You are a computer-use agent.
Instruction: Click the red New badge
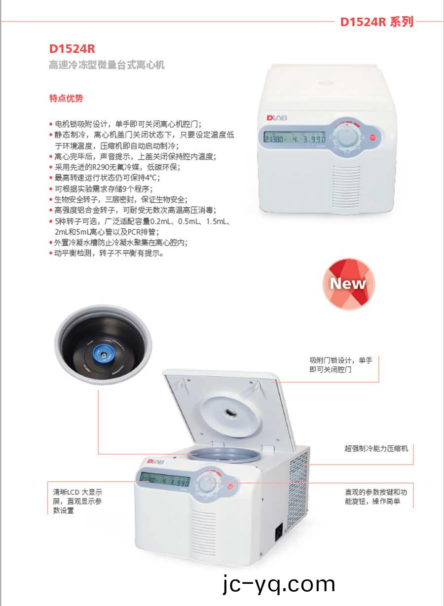point(348,284)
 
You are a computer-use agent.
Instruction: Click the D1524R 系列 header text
point(376,22)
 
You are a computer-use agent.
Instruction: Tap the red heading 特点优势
point(66,98)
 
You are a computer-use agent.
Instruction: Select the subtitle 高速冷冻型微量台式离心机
point(106,65)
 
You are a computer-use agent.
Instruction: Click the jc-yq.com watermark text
point(279,584)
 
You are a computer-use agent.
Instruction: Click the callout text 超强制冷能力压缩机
point(376,449)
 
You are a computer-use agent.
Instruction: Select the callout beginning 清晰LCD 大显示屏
point(77,501)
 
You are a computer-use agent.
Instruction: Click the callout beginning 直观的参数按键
point(376,497)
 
